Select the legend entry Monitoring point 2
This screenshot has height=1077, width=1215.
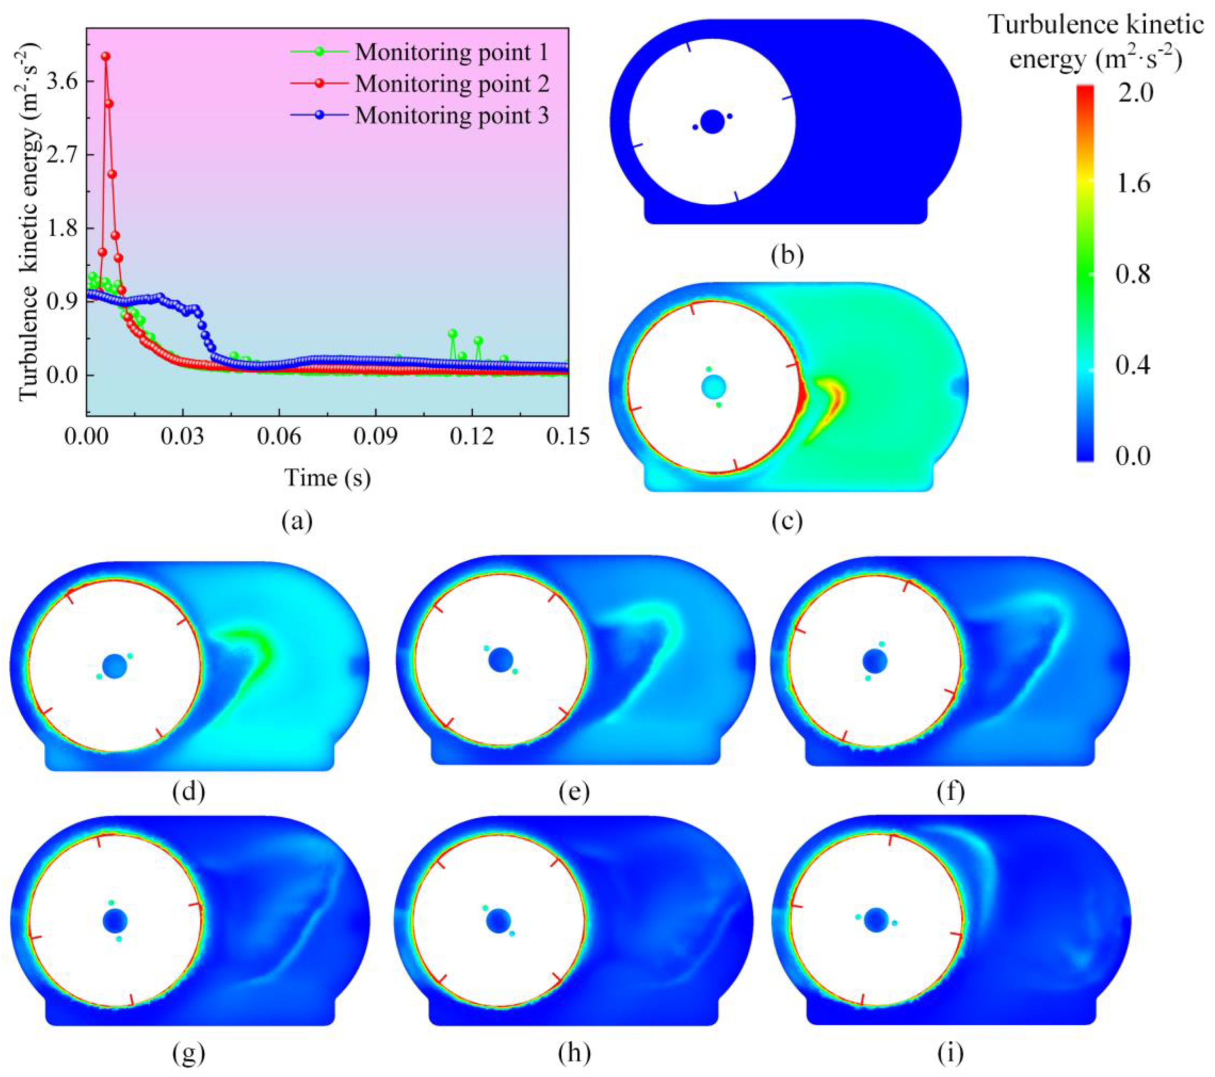(x=452, y=84)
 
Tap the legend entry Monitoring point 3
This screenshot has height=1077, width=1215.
(x=452, y=115)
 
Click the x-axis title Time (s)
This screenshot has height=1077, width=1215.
(x=327, y=478)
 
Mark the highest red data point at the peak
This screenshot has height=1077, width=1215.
(x=106, y=56)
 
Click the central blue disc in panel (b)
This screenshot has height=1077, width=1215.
(x=712, y=122)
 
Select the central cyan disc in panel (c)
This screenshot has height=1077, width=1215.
(x=713, y=387)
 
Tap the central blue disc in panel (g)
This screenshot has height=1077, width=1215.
(x=115, y=921)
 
